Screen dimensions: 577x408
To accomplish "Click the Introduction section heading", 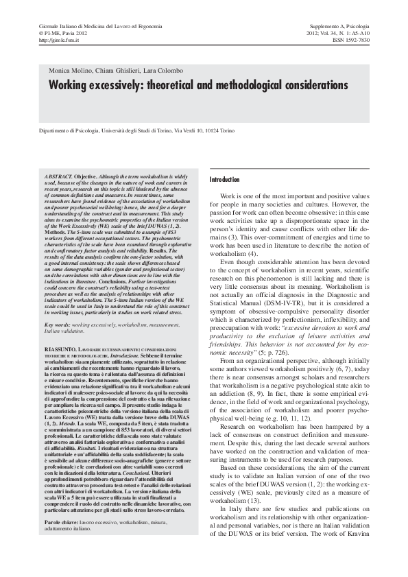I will pyautogui.click(x=226, y=179).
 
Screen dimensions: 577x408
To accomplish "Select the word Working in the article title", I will pyautogui.click(x=71, y=86).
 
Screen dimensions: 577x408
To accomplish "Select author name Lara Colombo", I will pyautogui.click(x=163, y=71).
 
